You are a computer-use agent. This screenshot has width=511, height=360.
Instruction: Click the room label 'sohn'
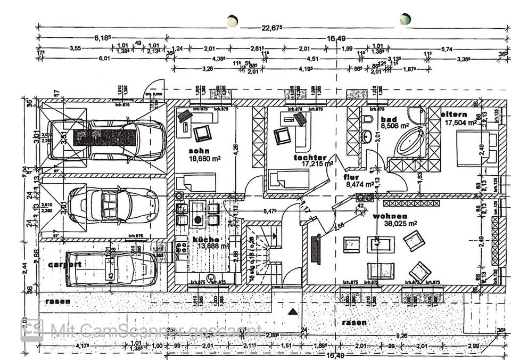click(x=199, y=151)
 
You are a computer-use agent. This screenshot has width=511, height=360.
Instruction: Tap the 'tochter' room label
click(x=310, y=158)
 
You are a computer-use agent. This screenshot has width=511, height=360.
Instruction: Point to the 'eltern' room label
click(x=454, y=114)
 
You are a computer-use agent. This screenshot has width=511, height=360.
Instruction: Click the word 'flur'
click(x=350, y=177)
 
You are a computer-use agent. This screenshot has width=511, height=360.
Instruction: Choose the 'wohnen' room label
click(x=390, y=216)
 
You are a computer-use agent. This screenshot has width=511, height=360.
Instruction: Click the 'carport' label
click(x=64, y=264)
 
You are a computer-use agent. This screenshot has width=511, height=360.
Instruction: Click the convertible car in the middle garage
click(x=112, y=204)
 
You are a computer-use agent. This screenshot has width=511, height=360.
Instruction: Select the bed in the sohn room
click(x=195, y=182)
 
